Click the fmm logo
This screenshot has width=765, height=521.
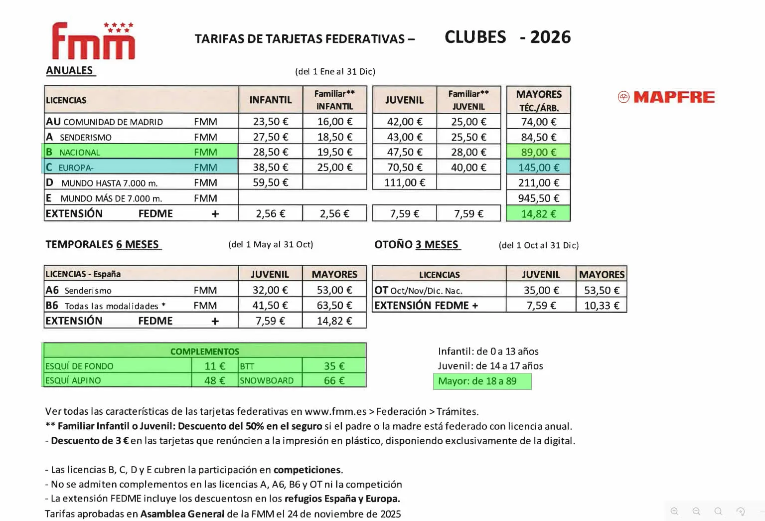point(93,41)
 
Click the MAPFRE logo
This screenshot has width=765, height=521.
point(666,97)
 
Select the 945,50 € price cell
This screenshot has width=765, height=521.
point(538,198)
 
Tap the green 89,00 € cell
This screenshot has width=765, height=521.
point(538,152)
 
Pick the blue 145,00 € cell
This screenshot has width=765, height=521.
point(538,168)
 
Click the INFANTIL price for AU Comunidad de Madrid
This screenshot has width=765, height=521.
point(271,122)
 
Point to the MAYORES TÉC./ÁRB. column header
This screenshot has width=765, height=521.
point(538,100)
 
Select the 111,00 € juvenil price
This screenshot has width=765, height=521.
point(404,182)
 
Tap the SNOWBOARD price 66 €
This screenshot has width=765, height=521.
point(334,380)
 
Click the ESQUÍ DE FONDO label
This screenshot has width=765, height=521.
point(80,366)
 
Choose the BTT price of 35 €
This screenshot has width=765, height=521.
point(334,366)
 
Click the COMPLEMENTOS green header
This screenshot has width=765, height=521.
point(204,351)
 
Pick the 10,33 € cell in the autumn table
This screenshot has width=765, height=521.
point(602,305)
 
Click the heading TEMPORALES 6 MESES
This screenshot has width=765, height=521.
point(103,244)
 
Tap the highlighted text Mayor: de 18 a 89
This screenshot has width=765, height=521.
point(477,381)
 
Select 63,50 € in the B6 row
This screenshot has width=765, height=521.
point(334,305)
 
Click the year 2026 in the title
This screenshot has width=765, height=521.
point(550,37)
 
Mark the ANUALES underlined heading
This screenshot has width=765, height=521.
point(70,70)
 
